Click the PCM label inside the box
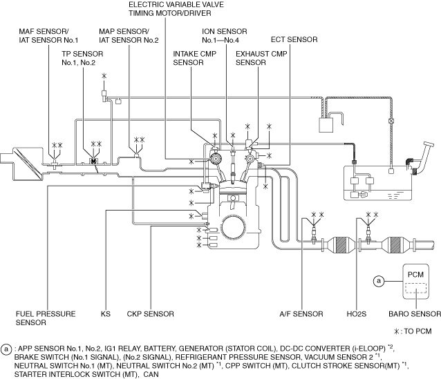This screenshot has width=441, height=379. [415, 275]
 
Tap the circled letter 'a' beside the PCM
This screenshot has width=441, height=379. [379, 281]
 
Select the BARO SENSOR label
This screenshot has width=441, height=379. [415, 314]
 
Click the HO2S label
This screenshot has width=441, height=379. [357, 314]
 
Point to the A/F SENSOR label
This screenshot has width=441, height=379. [301, 314]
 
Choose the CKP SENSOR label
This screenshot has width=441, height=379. [150, 314]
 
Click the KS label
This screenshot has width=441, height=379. [106, 314]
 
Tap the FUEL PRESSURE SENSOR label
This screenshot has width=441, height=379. [46, 318]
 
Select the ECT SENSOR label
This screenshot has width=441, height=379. [294, 39]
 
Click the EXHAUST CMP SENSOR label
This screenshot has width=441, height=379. [261, 58]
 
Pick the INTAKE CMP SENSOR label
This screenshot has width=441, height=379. [195, 58]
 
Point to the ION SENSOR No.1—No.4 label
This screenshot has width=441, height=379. [225, 36]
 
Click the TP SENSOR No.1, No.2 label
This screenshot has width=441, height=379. [82, 58]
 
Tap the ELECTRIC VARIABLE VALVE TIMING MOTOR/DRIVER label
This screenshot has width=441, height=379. [176, 9]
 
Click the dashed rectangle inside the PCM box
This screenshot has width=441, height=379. [415, 289]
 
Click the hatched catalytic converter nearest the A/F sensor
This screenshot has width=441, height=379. [341, 245]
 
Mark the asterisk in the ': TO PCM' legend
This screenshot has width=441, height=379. [397, 331]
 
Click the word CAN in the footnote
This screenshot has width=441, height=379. [151, 374]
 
